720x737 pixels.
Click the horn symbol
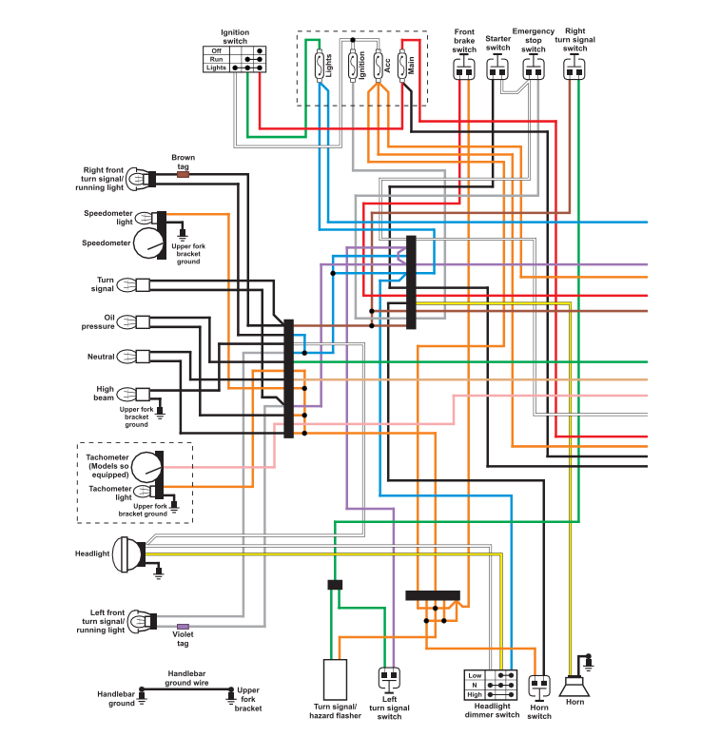click(x=574, y=687)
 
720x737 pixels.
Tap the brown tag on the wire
click(x=183, y=174)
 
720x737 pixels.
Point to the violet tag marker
click(x=183, y=627)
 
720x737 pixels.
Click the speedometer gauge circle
click(x=148, y=243)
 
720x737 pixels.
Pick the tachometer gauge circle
click(x=147, y=467)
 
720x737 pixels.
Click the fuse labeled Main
click(x=402, y=66)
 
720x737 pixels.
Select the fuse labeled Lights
click(x=320, y=66)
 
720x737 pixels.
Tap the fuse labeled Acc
click(x=379, y=66)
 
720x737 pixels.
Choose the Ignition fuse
click(x=353, y=66)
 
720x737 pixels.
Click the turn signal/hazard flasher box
click(x=335, y=680)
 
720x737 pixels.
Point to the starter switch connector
click(x=497, y=68)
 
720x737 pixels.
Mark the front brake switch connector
click(x=464, y=68)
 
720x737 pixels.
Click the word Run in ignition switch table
click(x=216, y=59)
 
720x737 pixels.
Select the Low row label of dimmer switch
click(x=475, y=675)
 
